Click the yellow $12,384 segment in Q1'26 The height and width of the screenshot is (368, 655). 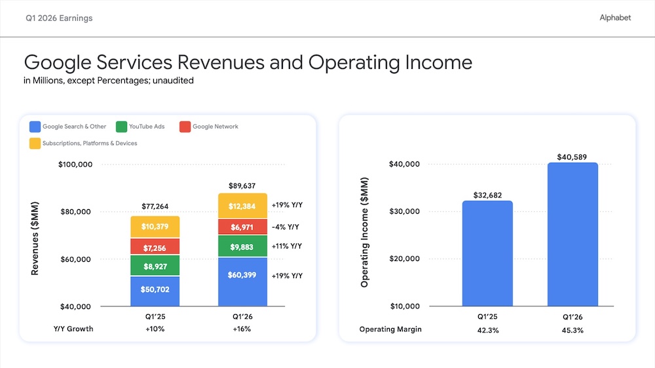tap(242, 206)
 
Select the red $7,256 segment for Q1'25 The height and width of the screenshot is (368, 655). tap(155, 247)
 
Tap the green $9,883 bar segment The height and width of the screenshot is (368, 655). tap(242, 246)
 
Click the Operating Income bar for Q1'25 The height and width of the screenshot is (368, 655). tap(487, 253)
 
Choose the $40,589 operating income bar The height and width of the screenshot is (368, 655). tap(572, 234)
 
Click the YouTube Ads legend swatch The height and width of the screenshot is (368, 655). tap(122, 127)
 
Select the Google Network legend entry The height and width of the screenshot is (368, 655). tap(209, 127)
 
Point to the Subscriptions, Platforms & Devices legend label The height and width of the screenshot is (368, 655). tap(90, 144)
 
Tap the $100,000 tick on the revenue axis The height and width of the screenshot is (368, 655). tap(75, 165)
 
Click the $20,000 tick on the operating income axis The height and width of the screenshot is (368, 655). tap(404, 259)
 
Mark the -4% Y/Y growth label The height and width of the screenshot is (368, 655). tap(286, 227)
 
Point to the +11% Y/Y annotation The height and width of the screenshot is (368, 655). tap(287, 246)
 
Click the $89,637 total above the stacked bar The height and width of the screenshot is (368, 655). tap(242, 186)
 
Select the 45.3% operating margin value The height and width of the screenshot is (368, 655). tap(572, 331)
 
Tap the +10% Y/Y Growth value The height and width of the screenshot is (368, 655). tap(155, 329)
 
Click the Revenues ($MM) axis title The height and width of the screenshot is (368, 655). tap(35, 238)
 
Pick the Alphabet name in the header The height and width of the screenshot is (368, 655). tap(615, 18)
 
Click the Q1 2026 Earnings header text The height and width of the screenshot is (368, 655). tap(59, 18)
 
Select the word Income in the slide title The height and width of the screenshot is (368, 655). tap(439, 62)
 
